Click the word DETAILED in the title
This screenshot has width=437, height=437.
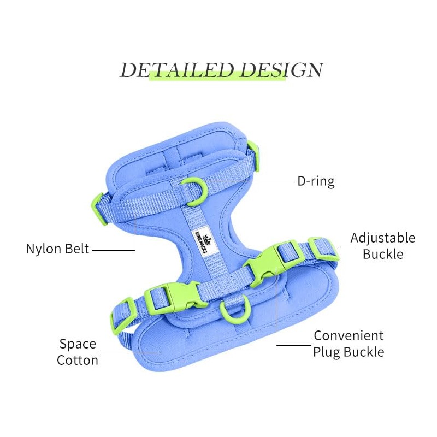pos(178,70)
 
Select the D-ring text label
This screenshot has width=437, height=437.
pos(316,181)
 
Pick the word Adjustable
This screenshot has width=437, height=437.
pos(382,239)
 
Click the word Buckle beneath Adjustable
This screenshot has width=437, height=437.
pos(383,254)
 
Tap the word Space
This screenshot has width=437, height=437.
pos(78,344)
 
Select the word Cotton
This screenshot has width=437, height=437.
pos(78,360)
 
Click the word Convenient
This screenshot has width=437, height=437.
pos(349,335)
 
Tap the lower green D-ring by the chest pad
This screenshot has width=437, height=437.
pos(234,312)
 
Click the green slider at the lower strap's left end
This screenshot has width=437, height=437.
pos(122,316)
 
